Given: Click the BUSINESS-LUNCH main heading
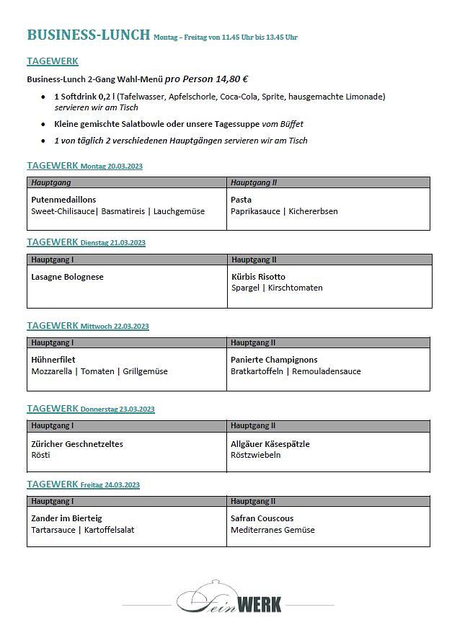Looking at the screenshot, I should (x=89, y=35).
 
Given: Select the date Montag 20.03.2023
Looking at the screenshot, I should (x=112, y=167).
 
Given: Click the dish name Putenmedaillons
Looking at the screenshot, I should (x=63, y=200).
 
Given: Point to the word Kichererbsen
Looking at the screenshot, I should (x=314, y=211).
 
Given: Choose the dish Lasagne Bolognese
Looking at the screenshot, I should (x=68, y=277).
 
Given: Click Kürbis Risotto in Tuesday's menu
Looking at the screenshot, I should (x=258, y=277).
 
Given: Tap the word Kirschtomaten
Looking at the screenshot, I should (x=296, y=288).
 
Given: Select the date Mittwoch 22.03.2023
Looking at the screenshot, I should (x=115, y=327).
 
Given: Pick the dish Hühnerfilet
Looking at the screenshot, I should (x=53, y=360).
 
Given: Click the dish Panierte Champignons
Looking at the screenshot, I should (x=274, y=360).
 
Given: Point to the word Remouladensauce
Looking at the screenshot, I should (x=327, y=371).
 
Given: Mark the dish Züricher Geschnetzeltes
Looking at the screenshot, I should (x=77, y=444).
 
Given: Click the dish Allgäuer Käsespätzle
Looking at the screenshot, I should (x=270, y=444).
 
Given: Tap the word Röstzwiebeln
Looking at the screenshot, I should (x=256, y=455).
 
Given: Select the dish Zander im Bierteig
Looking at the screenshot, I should (x=67, y=518).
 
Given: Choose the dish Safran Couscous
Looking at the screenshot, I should (x=262, y=518).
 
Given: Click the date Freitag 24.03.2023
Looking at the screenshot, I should (x=110, y=485).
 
